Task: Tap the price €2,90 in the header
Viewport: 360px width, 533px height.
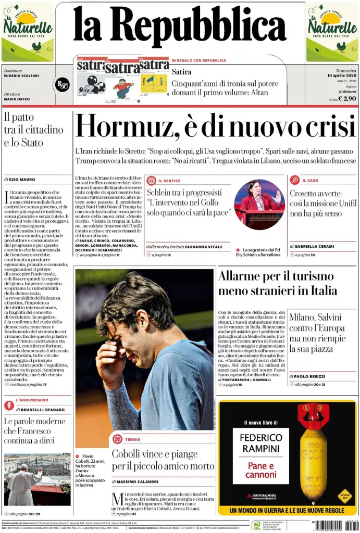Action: pos(346,98)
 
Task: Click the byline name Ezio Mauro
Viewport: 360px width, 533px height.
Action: pos(24,179)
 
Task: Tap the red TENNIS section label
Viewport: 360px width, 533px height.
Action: pos(132,439)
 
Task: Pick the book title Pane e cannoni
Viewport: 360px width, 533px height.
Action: pos(261,470)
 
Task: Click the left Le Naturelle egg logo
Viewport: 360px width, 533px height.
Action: pos(28,31)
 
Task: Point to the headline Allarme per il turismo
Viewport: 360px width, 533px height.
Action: pos(276,276)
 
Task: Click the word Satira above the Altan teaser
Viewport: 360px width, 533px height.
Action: pos(181,72)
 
